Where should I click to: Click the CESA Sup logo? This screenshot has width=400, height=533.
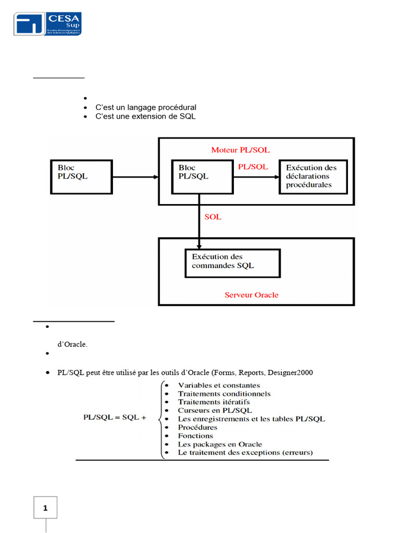pyautogui.click(x=48, y=24)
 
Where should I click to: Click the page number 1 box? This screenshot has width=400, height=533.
pyautogui.click(x=45, y=508)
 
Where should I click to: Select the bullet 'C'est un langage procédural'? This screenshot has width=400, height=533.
pyautogui.click(x=145, y=107)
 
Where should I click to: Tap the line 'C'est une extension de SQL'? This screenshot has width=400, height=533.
pyautogui.click(x=145, y=116)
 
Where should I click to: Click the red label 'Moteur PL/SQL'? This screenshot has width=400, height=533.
pyautogui.click(x=240, y=150)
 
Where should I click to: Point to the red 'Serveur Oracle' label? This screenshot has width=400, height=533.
pyautogui.click(x=252, y=295)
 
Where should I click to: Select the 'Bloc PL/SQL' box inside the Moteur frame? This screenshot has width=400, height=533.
pyautogui.click(x=203, y=177)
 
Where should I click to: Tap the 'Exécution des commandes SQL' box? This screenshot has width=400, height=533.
pyautogui.click(x=233, y=263)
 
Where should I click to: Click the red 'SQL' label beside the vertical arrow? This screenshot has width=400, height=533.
pyautogui.click(x=213, y=217)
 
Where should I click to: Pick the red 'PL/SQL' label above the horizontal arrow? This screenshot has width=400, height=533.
pyautogui.click(x=253, y=167)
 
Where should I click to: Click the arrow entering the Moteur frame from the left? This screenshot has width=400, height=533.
pyautogui.click(x=135, y=177)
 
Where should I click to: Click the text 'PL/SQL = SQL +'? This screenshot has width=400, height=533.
pyautogui.click(x=115, y=417)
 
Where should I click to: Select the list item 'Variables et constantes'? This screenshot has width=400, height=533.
pyautogui.click(x=219, y=385)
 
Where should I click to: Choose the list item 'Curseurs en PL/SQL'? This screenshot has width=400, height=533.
pyautogui.click(x=215, y=410)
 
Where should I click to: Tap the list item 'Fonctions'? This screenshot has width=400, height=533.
pyautogui.click(x=195, y=436)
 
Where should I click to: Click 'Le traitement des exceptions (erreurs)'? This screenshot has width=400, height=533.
pyautogui.click(x=245, y=452)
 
